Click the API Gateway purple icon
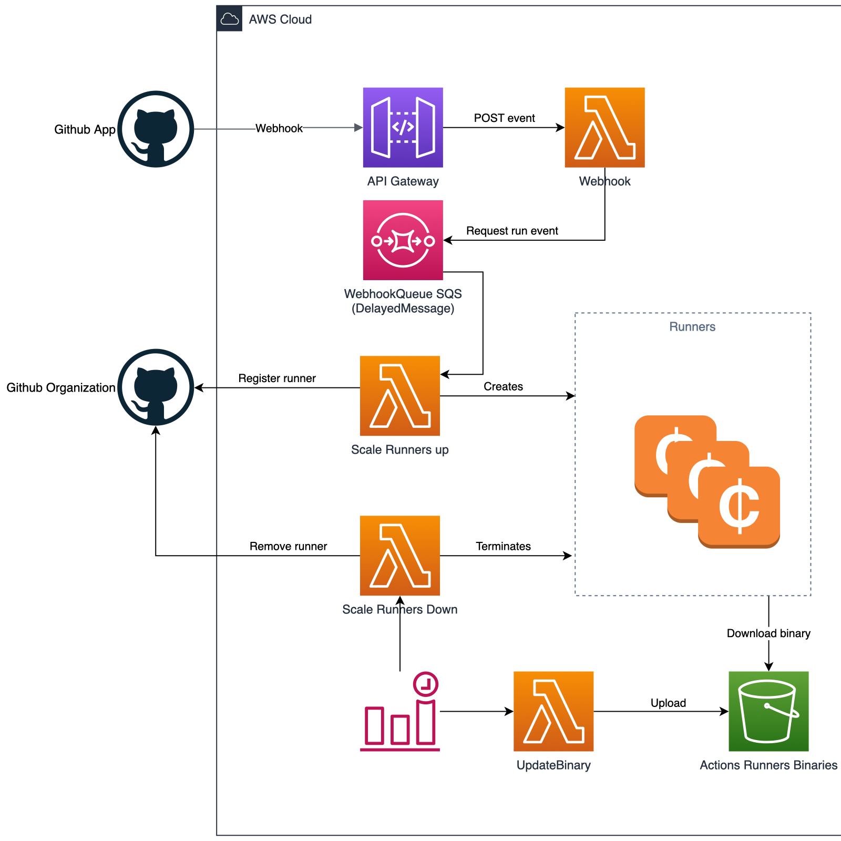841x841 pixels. [x=403, y=127]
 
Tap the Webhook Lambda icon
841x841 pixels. [x=604, y=127]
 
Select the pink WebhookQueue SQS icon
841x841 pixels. [x=403, y=240]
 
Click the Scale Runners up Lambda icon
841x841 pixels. [x=399, y=395]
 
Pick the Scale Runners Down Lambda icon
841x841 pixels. [x=399, y=555]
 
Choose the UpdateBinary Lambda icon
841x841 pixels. [x=553, y=711]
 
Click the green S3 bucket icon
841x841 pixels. [x=768, y=711]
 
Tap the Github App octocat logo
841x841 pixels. [x=156, y=129]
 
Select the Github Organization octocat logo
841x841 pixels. [x=156, y=387]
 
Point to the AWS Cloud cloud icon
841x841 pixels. [x=230, y=19]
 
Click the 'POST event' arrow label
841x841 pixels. [x=504, y=118]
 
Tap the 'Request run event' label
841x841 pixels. [x=512, y=231]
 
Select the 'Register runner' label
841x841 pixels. [x=277, y=378]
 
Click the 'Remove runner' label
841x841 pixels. [x=288, y=547]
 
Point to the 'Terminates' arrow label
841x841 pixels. [x=503, y=547]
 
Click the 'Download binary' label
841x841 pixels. [x=768, y=633]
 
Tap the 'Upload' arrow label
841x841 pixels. [x=668, y=703]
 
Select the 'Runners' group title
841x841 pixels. [x=692, y=327]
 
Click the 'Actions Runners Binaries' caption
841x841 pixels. [x=768, y=765]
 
